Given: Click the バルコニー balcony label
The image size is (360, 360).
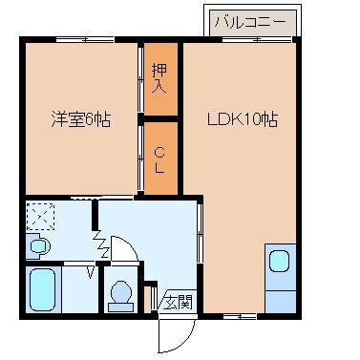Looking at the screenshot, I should (x=250, y=19).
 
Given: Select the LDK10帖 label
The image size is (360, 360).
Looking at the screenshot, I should (x=244, y=121).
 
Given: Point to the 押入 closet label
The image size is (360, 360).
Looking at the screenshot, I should (x=160, y=77).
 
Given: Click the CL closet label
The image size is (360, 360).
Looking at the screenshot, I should (x=160, y=158).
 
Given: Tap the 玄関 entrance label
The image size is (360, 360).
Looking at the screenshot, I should (x=177, y=303).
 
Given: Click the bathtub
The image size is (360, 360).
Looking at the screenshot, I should (x=43, y=288).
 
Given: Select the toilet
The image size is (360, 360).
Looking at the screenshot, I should (x=120, y=293).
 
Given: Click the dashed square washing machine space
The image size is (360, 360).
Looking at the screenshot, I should (x=41, y=217).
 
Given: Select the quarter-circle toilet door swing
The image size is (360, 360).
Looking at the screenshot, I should (x=126, y=250).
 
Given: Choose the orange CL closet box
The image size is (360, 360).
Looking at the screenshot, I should (x=160, y=159).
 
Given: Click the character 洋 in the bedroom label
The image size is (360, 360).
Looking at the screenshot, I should (x=58, y=121).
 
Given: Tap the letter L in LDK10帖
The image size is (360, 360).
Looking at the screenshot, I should (x=215, y=121).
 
